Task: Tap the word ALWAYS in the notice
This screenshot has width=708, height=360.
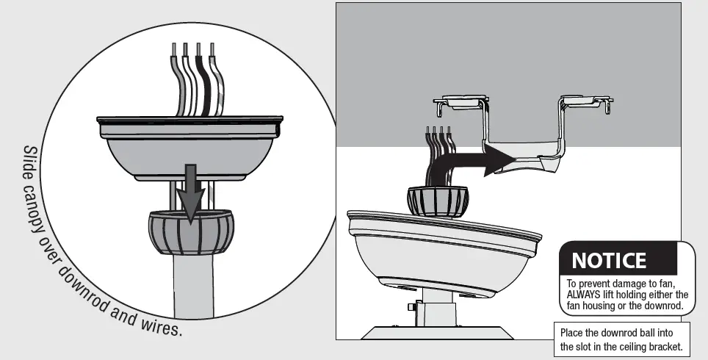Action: point(585,295)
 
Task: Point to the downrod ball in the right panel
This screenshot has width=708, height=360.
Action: point(438,201)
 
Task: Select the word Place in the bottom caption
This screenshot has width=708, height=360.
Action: point(574,332)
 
